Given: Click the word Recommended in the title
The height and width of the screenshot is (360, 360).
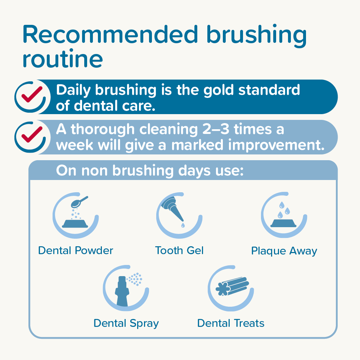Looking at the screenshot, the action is [x=110, y=35].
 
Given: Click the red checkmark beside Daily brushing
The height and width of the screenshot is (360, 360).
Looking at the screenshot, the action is [x=32, y=94].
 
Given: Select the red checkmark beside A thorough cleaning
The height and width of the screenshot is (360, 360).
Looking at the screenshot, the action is [x=32, y=135].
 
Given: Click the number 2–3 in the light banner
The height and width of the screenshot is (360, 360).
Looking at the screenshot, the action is [x=216, y=129].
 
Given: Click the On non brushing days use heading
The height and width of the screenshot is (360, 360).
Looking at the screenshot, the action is [x=150, y=171].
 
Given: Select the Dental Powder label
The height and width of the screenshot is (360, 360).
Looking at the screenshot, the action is [x=76, y=251].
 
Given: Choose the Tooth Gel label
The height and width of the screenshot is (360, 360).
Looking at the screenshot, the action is [x=179, y=251].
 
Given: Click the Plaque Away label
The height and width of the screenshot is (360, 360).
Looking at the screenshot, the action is [x=284, y=251].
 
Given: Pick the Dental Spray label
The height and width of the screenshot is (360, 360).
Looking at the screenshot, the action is [x=126, y=324].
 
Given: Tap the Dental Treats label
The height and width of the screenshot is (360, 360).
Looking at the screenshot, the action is [x=231, y=323].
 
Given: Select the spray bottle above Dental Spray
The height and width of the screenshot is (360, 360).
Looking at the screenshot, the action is [x=122, y=291].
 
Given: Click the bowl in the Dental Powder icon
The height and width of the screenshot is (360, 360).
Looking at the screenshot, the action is [x=75, y=224].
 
